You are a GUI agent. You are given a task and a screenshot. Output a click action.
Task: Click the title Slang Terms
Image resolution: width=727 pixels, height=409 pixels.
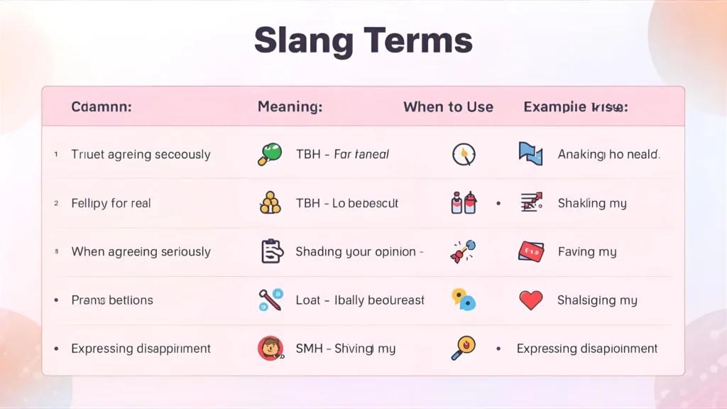click(363, 40)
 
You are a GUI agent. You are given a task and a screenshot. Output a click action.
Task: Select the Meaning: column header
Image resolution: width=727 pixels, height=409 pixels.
click(290, 107)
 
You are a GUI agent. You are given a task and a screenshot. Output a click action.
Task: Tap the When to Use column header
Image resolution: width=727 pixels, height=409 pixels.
click(448, 107)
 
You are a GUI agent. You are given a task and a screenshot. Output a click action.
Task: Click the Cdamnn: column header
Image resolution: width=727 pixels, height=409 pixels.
click(102, 107)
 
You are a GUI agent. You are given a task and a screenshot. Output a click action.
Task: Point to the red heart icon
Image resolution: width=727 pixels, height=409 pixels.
click(530, 300)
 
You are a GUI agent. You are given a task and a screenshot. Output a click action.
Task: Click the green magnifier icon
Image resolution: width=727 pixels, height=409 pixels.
click(270, 154)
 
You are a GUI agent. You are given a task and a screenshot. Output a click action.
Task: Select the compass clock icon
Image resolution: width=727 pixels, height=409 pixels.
click(463, 154)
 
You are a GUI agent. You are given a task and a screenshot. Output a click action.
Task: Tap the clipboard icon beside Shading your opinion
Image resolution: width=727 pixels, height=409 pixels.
click(271, 251)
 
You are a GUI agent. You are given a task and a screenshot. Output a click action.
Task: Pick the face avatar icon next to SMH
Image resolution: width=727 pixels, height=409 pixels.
click(270, 349)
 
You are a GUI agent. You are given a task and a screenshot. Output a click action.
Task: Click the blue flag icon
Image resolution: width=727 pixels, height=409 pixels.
click(530, 154)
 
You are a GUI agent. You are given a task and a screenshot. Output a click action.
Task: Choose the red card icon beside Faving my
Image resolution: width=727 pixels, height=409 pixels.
click(530, 251)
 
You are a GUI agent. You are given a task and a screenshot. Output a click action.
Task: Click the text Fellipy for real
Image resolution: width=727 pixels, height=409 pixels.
click(111, 203)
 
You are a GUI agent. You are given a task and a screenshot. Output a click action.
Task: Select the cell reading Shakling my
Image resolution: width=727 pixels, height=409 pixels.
click(592, 203)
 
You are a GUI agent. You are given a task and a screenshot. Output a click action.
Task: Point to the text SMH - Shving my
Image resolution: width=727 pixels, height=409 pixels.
click(345, 349)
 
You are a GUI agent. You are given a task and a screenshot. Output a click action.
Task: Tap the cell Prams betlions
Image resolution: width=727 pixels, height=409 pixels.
click(111, 300)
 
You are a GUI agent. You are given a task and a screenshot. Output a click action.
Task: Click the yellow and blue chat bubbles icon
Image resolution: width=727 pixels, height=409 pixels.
click(463, 300)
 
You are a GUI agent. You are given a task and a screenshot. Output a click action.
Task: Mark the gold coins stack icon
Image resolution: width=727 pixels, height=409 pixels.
click(270, 204)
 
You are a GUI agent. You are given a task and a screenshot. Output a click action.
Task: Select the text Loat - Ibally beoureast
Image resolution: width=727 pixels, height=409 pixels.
click(360, 300)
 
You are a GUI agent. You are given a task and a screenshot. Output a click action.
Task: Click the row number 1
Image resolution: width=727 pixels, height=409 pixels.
click(56, 154)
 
